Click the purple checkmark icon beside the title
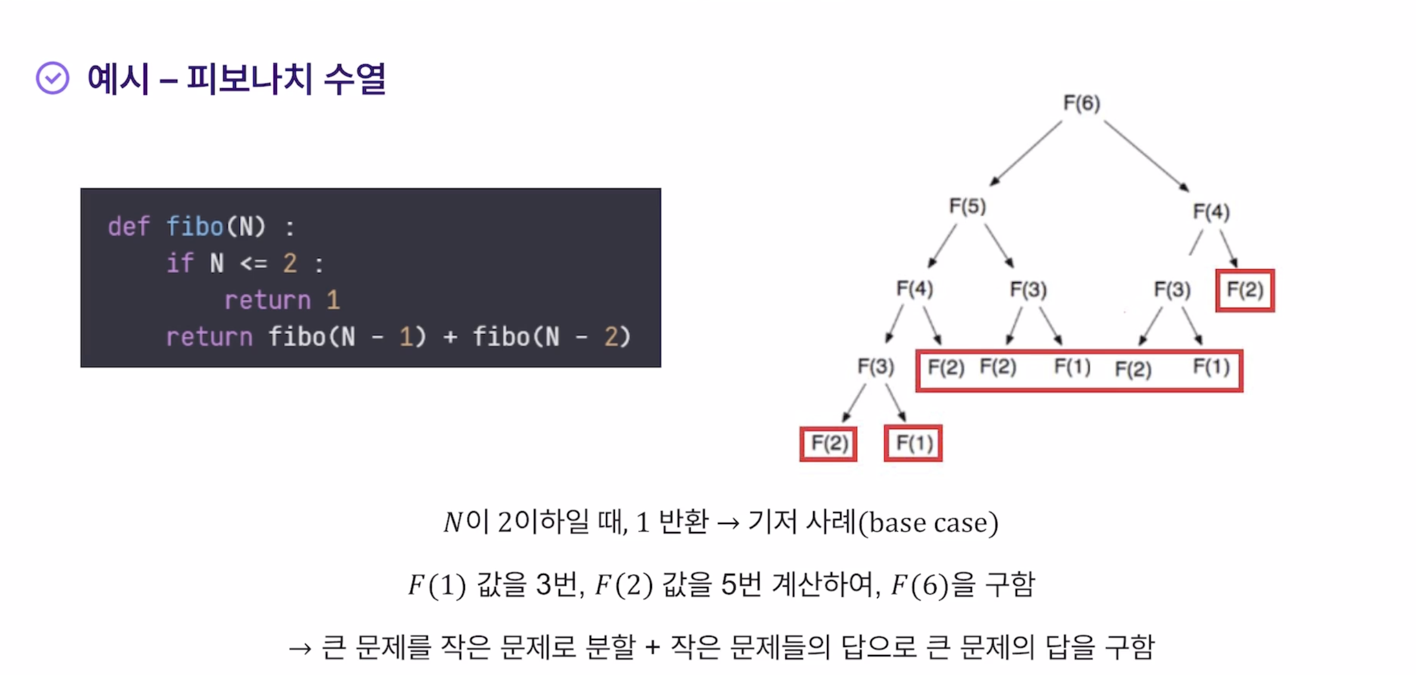[x=53, y=78]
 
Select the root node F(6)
[x=1081, y=103]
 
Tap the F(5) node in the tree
[x=968, y=206]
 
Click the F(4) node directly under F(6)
[x=1211, y=212]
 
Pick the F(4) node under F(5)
[x=914, y=289]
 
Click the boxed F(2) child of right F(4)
[x=1245, y=290]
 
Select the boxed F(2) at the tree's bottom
[x=829, y=443]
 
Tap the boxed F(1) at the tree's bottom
[x=913, y=443]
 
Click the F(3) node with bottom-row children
[x=876, y=366]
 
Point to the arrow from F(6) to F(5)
[x=1026, y=153]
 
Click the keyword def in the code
[x=129, y=227]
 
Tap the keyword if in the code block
[x=180, y=263]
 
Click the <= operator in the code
[x=253, y=263]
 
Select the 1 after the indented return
[x=333, y=300]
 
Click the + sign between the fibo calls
[x=450, y=337]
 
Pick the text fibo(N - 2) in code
[x=551, y=337]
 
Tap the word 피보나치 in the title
[x=249, y=78]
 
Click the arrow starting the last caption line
[x=300, y=649]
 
